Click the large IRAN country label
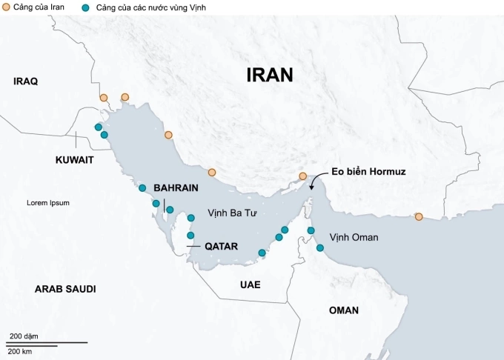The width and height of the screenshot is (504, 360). click(x=270, y=75)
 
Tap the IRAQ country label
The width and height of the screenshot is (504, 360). click(x=25, y=81)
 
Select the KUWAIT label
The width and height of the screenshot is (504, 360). click(x=75, y=159)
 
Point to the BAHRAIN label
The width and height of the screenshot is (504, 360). click(x=176, y=188)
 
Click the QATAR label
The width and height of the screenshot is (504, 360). click(x=221, y=246)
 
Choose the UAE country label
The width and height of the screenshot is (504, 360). click(x=251, y=284)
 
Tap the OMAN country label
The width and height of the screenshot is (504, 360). click(x=344, y=310)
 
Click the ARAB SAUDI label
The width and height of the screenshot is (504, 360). click(x=65, y=289)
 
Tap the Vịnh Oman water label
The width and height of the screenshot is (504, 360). click(x=354, y=238)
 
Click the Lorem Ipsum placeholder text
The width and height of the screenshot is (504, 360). click(x=47, y=203)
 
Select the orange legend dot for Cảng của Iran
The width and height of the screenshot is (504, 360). click(x=7, y=7)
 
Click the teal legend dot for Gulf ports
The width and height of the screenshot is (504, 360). click(x=87, y=7)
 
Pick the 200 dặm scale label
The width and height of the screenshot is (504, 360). click(x=24, y=337)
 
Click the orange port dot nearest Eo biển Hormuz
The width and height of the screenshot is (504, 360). click(x=302, y=176)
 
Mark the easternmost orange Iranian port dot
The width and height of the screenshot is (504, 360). click(x=419, y=216)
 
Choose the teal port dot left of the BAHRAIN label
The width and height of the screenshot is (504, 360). click(x=142, y=188)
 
